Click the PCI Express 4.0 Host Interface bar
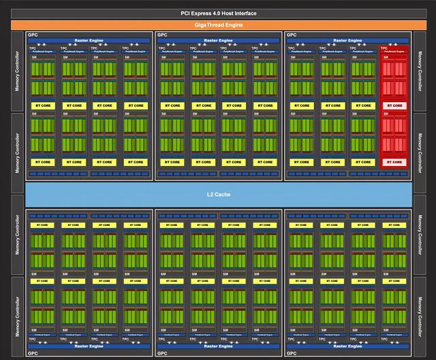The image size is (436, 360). coord(217,13)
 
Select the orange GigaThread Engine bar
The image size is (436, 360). coord(217,25)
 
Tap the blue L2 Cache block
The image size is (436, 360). coord(217,195)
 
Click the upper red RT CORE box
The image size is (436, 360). coord(393,105)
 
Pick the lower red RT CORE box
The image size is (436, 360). coord(393,162)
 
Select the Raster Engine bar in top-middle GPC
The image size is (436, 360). coord(219,41)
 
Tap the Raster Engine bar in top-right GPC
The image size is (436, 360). coord(348,41)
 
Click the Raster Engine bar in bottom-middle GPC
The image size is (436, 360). coord(219,346)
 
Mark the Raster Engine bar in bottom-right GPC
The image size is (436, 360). coord(348,346)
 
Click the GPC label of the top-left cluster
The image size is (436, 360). coord(33,34)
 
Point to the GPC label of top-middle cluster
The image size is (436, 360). coord(162,34)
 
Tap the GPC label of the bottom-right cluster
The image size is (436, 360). coord(292,354)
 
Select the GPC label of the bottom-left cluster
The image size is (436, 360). coord(33,354)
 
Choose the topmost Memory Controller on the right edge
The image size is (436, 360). coord(419,71)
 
